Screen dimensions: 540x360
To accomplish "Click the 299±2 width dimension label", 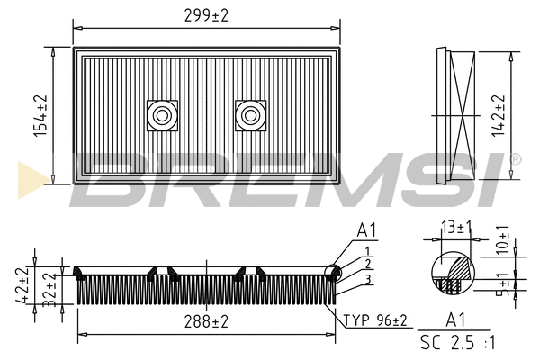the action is (206, 16).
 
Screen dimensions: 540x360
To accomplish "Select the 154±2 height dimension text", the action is (41, 116).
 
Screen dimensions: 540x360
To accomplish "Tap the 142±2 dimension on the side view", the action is (499, 116).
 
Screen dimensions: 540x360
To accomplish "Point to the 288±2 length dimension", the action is (206, 322).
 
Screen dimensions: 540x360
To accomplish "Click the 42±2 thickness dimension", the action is (22, 285).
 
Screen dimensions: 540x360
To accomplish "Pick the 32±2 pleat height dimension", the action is (49, 290).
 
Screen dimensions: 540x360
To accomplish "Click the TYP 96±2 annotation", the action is (375, 320).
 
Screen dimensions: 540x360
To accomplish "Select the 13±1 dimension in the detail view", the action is (456, 228).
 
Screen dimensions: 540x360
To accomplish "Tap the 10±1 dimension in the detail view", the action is (503, 240).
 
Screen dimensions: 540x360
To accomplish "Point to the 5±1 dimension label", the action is (504, 284).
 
